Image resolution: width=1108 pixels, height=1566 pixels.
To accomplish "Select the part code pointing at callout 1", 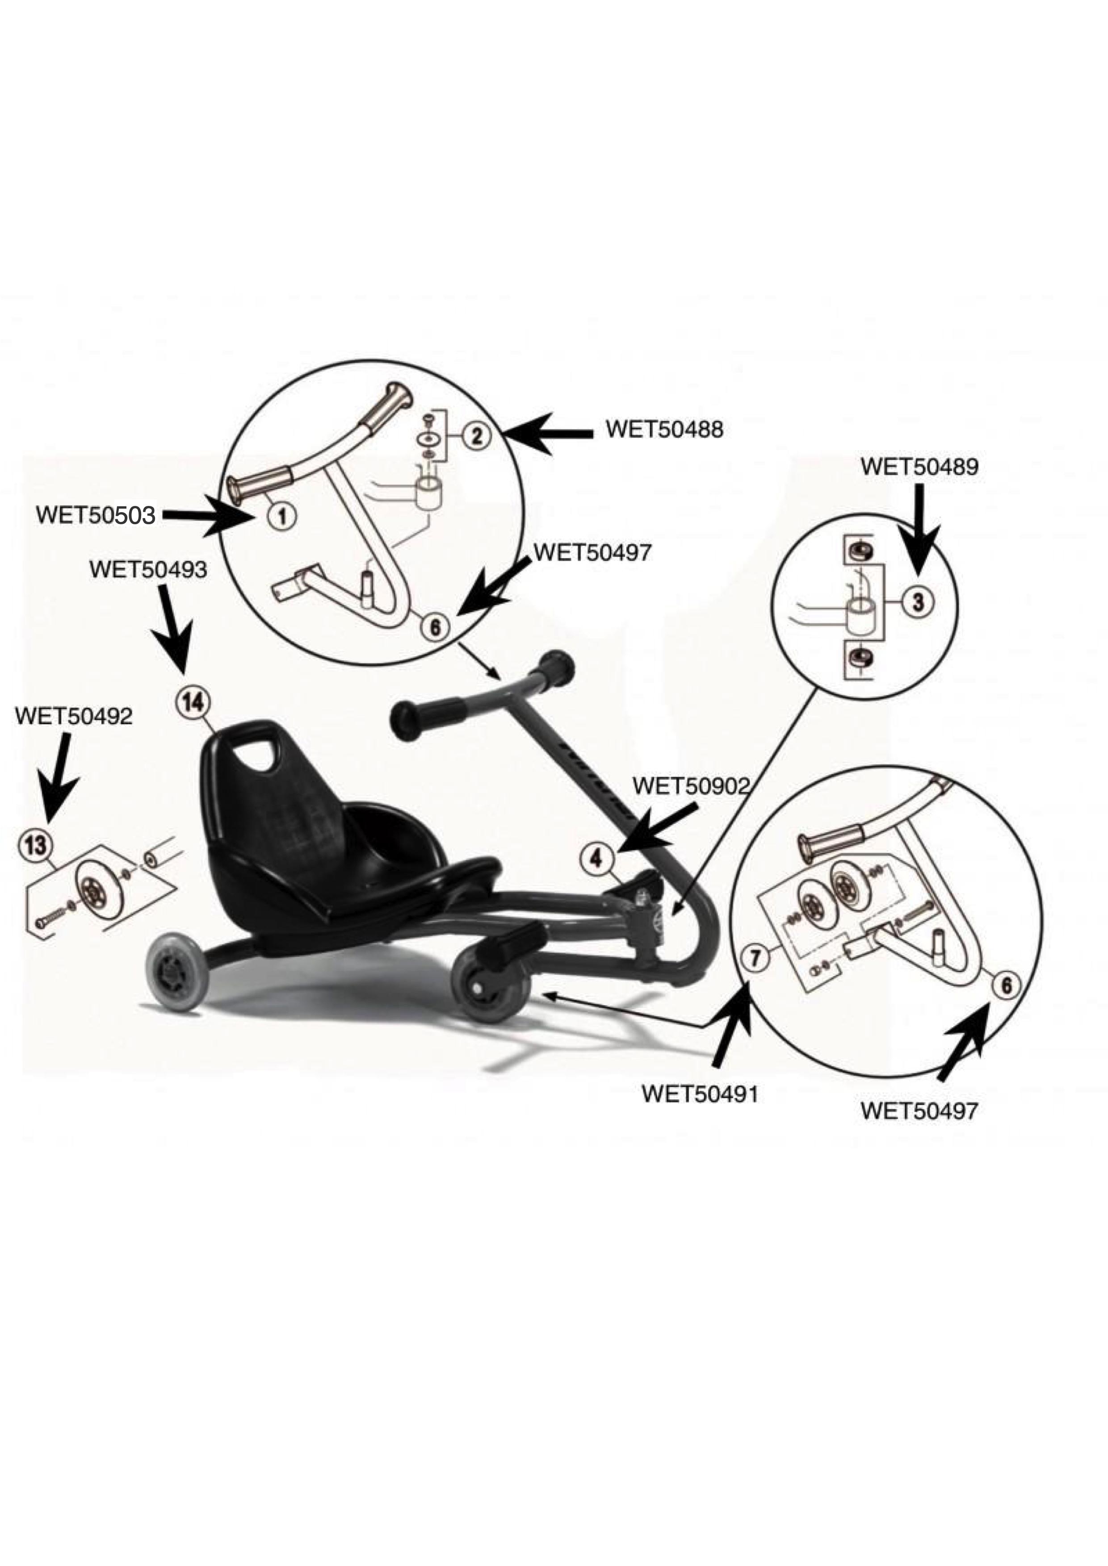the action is pos(96,514).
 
